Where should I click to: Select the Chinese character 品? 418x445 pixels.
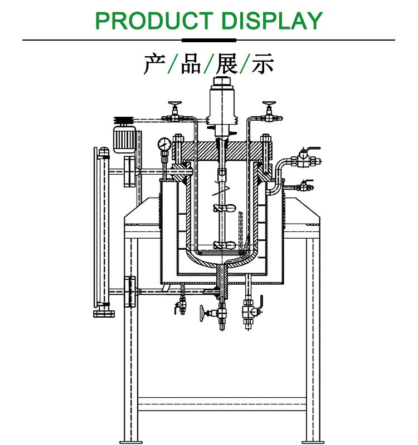pos(190,65)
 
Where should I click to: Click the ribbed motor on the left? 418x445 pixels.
pos(126,139)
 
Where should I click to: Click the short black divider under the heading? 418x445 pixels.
pos(209,40)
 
